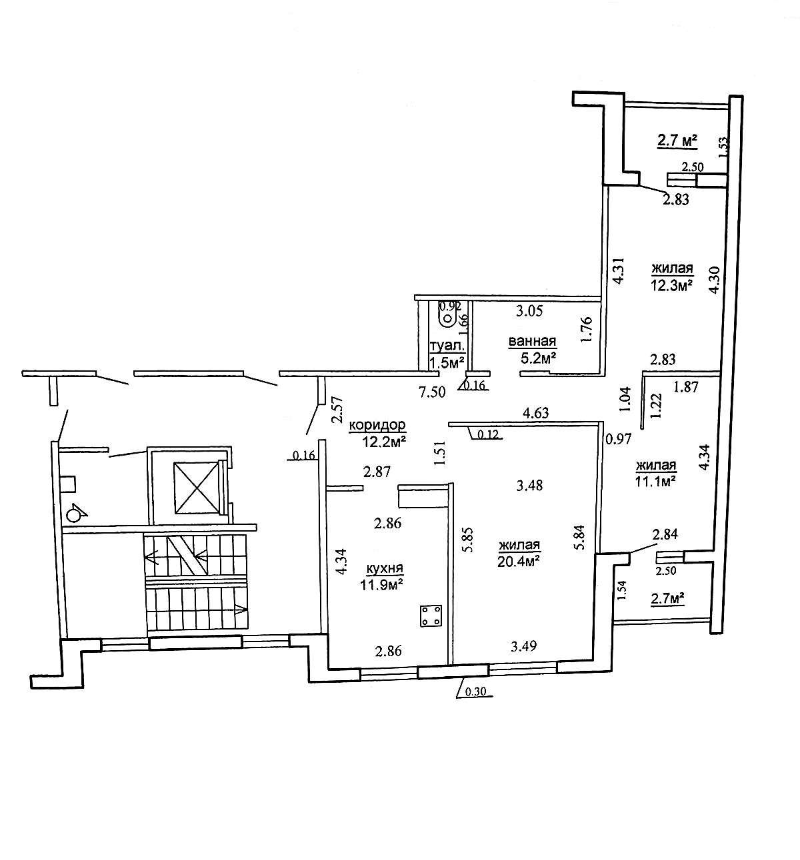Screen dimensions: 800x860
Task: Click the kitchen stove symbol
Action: tap(431, 616)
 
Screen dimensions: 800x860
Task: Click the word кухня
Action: tap(385, 568)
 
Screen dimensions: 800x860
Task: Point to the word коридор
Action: tap(377, 425)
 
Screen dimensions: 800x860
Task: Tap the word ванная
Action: tap(532, 341)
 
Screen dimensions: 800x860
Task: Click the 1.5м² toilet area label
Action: tap(447, 362)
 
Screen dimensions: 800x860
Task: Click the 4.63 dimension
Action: tap(536, 412)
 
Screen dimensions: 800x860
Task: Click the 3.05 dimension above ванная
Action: tap(529, 311)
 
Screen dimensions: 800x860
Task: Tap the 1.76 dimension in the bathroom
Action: tap(586, 329)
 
